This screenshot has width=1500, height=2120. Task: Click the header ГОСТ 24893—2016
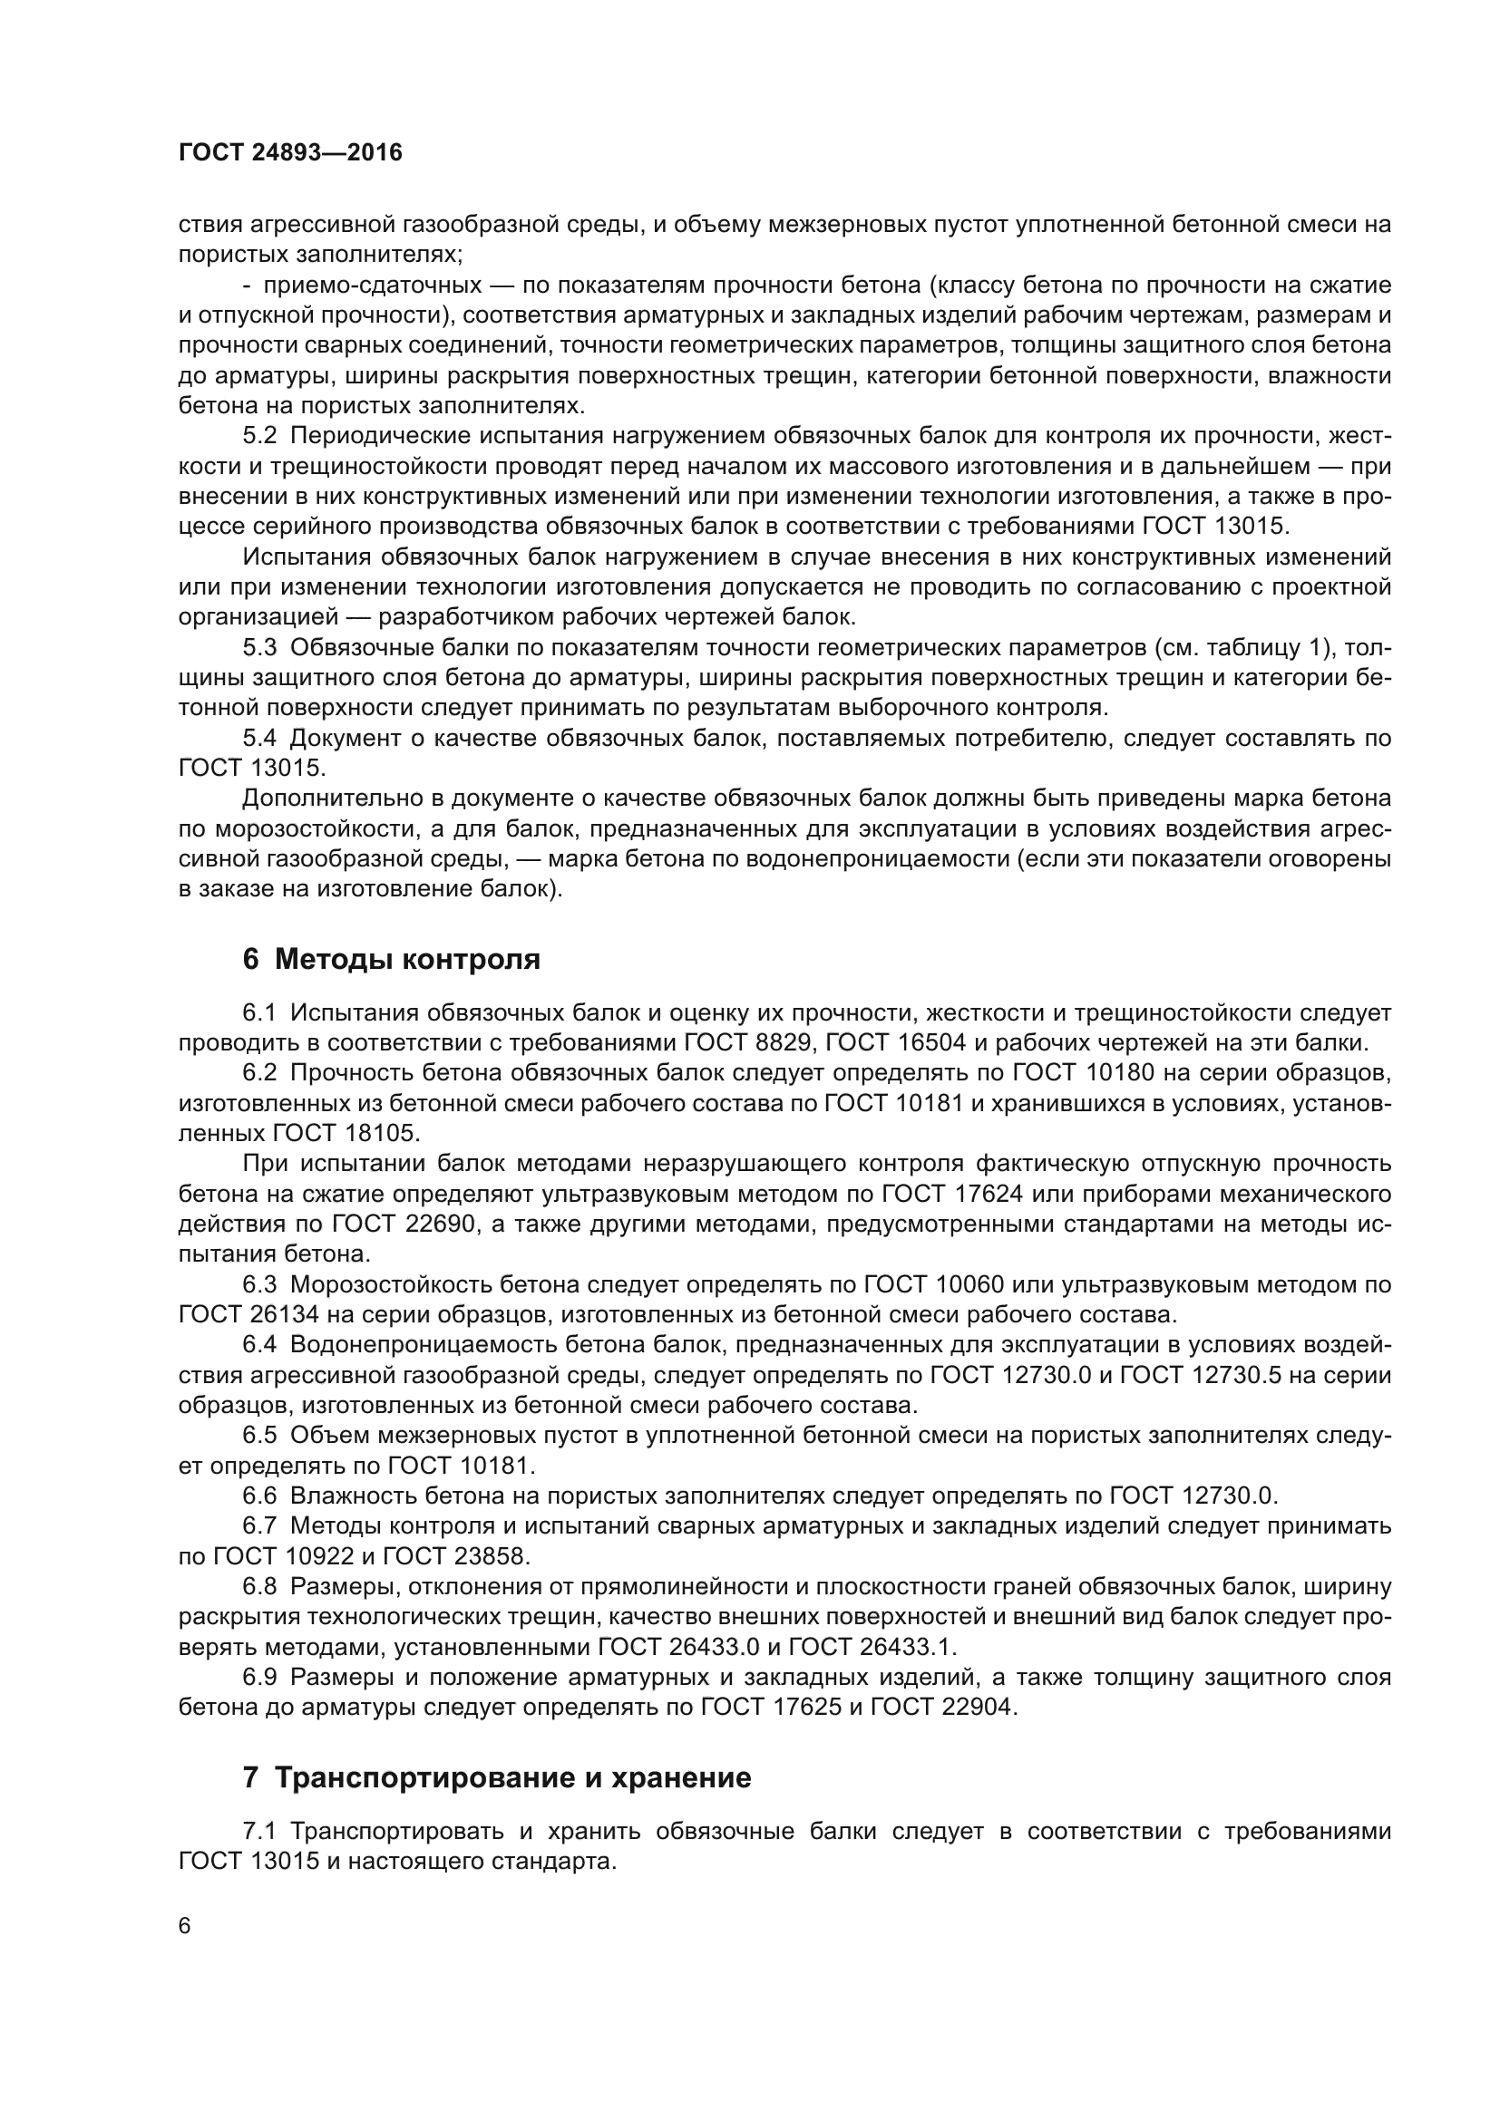pyautogui.click(x=290, y=153)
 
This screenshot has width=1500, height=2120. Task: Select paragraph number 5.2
pyautogui.click(x=259, y=436)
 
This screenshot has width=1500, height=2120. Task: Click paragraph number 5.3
pyautogui.click(x=259, y=648)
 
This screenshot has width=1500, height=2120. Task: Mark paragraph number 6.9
pyautogui.click(x=259, y=1677)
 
